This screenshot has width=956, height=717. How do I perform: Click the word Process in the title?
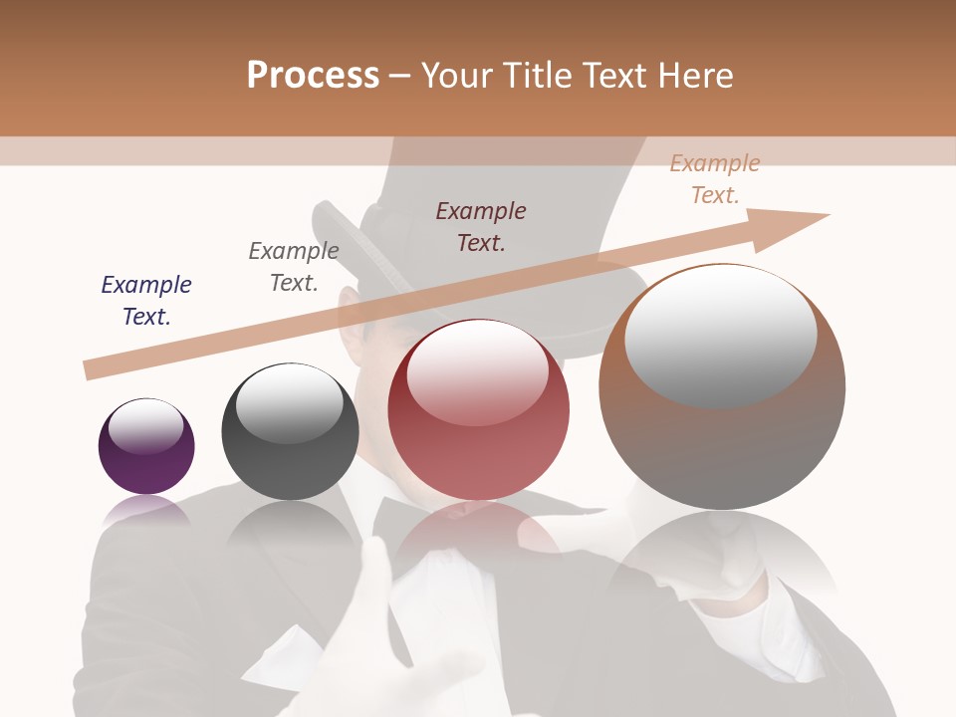(313, 76)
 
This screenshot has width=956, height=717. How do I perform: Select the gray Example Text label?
(294, 267)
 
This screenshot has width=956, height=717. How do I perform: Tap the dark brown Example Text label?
(481, 226)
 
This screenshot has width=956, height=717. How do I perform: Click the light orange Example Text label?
(715, 179)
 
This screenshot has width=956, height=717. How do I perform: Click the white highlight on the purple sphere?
(146, 426)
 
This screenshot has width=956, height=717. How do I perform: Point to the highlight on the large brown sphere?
(721, 336)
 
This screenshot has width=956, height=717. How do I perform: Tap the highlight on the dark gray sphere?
(290, 404)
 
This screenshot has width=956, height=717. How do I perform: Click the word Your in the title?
(461, 76)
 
